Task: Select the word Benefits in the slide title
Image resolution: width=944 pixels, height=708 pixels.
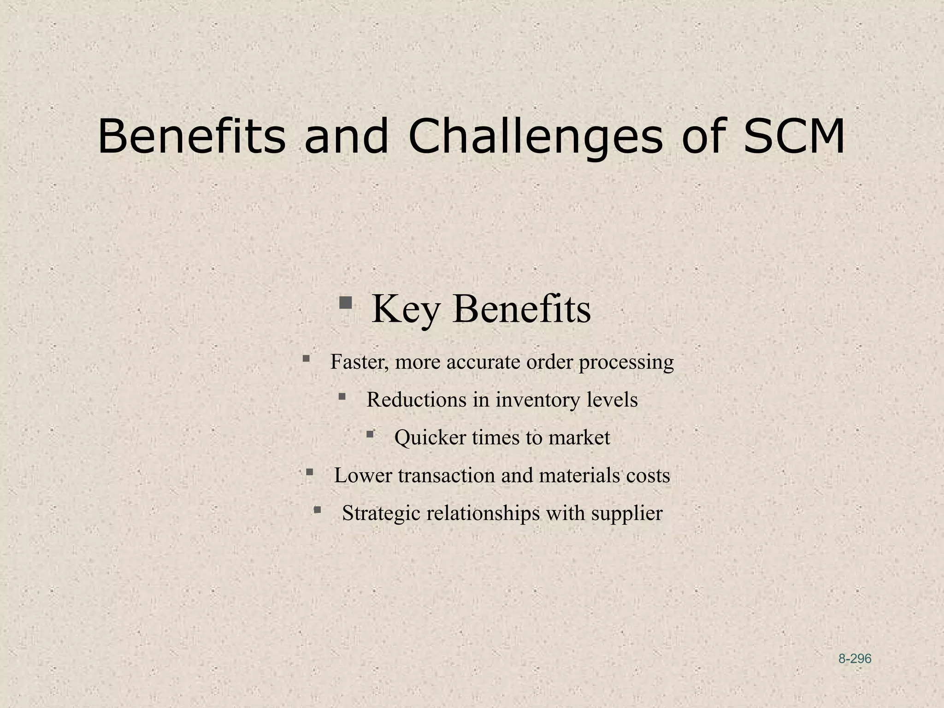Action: pos(191,137)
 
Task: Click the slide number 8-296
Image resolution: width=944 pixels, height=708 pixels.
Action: pos(855,659)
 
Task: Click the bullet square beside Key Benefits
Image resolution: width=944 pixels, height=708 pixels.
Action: pos(345,303)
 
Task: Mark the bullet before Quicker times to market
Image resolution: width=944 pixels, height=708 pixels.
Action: pos(370,434)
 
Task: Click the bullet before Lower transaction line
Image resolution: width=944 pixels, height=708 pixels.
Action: pos(310,472)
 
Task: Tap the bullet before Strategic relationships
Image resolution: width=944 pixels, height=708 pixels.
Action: pos(317,509)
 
